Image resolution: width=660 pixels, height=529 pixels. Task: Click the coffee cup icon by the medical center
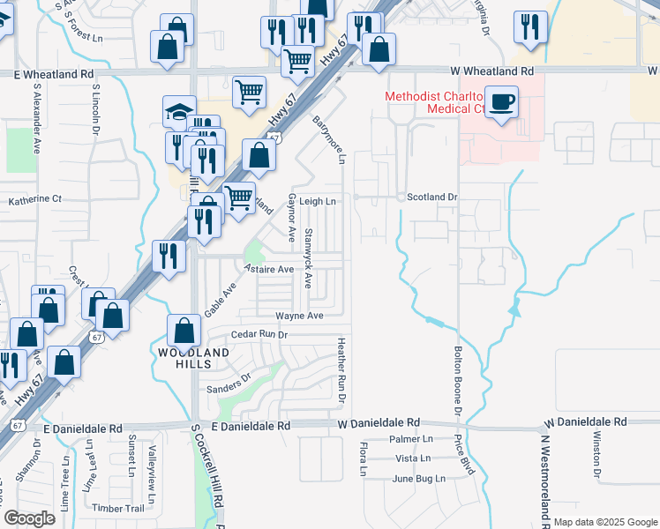502,102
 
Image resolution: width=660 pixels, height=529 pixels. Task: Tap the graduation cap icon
179,112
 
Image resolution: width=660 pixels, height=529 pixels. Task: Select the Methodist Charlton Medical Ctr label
438,102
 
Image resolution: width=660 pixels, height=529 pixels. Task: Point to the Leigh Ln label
318,201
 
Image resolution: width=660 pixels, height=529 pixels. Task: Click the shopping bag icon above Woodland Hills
184,332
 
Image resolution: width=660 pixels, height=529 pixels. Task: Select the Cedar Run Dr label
259,335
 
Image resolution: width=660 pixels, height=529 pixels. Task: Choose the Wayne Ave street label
299,316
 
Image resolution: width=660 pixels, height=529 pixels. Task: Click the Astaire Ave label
268,268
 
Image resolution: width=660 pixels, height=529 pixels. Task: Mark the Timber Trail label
117,509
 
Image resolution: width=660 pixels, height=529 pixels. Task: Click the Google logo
29,518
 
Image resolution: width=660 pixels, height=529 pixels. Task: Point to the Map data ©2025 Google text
605,522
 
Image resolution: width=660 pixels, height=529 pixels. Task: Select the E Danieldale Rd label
82,428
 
